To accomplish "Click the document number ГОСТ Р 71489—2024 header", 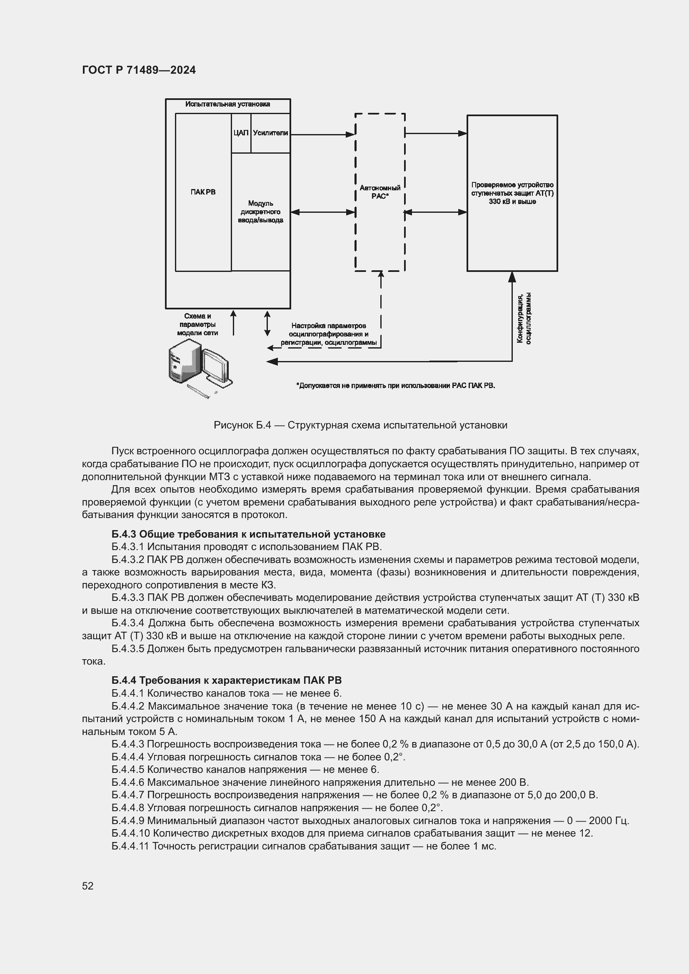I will (x=139, y=70).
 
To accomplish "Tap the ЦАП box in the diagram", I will (x=240, y=133).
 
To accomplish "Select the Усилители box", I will (x=270, y=133).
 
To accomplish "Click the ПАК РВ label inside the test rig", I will (x=203, y=192).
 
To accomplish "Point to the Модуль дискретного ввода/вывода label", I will (x=260, y=212).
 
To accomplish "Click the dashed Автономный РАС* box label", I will (x=380, y=192).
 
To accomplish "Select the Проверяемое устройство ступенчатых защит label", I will (x=512, y=193).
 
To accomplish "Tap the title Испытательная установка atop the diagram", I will (x=227, y=105).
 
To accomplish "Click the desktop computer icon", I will (x=199, y=368).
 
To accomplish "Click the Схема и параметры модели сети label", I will (x=197, y=324).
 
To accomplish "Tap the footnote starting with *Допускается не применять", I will (x=395, y=386).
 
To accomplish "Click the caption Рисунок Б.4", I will (x=360, y=425).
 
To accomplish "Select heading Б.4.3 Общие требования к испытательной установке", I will (x=248, y=534).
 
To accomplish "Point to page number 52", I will (x=88, y=886).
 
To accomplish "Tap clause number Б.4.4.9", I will (x=128, y=820).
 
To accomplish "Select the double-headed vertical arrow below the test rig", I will (x=267, y=323).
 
